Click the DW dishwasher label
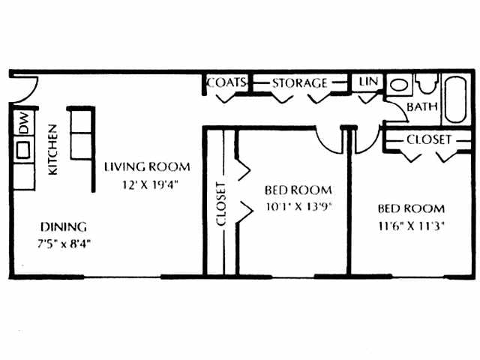point(23,123)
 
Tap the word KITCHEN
point(52,150)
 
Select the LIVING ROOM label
point(147,166)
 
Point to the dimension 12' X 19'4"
point(147,184)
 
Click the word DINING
point(64,226)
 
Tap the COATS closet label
point(227,82)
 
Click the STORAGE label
point(300,82)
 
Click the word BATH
point(422,107)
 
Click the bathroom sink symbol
point(400,84)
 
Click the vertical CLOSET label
point(221,204)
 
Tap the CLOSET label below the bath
point(429,139)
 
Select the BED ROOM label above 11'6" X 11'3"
point(410,208)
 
